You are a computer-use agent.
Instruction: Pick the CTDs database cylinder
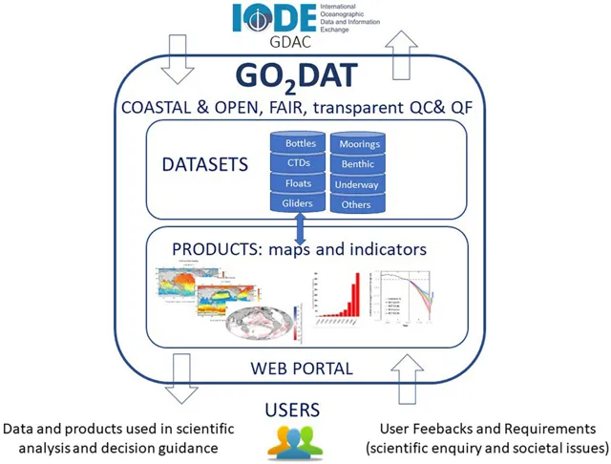click(x=299, y=164)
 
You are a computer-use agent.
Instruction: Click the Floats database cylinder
click(x=299, y=183)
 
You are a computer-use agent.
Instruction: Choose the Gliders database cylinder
click(x=299, y=202)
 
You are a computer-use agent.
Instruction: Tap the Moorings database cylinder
click(x=359, y=145)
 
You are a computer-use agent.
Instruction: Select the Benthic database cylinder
click(x=359, y=164)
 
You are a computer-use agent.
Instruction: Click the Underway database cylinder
click(x=359, y=184)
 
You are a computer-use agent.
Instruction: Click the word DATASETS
click(x=219, y=164)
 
